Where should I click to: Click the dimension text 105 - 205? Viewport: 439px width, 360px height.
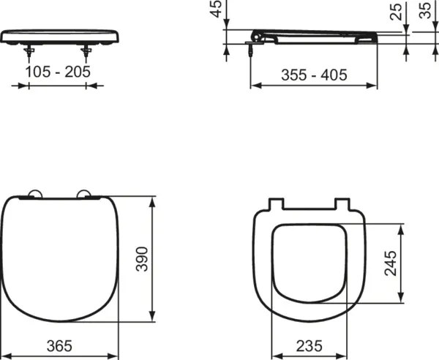[x=58, y=72]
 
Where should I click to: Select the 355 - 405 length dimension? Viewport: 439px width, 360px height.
[x=314, y=74]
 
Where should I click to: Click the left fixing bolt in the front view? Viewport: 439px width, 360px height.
[x=29, y=52]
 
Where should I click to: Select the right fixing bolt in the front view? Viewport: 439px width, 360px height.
[x=88, y=52]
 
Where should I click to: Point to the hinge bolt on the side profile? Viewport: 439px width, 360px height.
[x=252, y=50]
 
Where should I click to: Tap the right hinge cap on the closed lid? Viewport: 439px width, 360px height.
[x=87, y=195]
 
